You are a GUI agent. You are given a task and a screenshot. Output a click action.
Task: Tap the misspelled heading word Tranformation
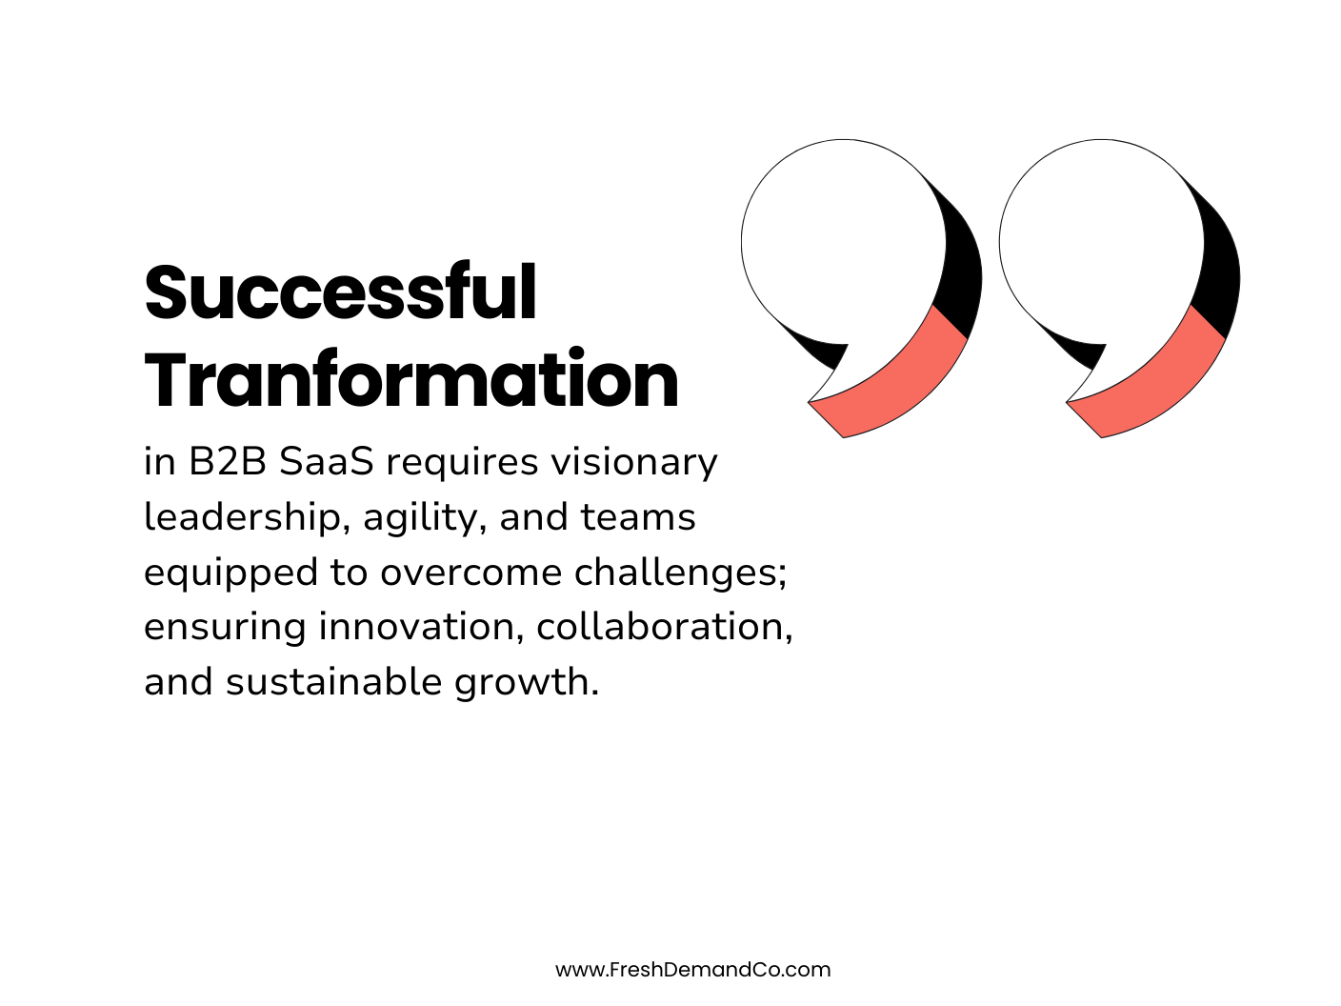tap(411, 380)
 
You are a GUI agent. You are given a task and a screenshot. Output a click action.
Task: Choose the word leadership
tap(242, 517)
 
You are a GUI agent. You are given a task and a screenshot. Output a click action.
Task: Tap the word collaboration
tap(663, 627)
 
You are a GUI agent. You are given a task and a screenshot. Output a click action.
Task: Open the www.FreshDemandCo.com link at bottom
tap(692, 970)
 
